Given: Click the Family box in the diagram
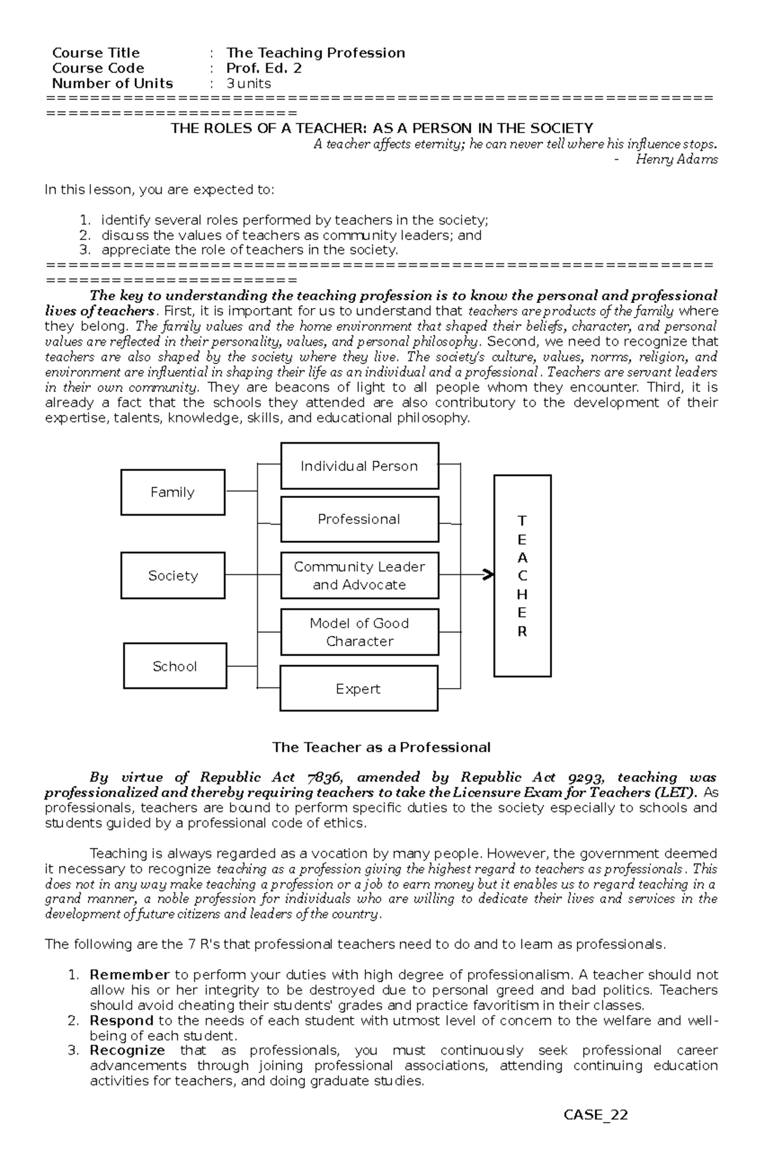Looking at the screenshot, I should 173,492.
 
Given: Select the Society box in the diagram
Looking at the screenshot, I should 173,575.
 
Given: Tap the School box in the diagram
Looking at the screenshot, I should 175,666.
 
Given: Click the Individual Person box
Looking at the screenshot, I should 359,466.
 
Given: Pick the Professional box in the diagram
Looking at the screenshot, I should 359,519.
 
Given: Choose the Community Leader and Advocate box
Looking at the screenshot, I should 359,575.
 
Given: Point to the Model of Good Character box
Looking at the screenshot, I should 359,632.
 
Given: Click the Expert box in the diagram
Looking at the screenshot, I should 358,688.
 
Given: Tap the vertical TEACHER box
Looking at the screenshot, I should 522,575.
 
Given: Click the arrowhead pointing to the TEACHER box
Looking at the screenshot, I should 489,575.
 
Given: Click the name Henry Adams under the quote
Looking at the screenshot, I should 676,159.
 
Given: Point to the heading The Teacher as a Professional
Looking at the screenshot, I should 381,747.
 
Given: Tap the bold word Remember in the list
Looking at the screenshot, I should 129,975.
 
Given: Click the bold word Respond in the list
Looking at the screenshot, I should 122,1020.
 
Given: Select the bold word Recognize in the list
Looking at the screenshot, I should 127,1050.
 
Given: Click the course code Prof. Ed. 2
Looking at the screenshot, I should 264,68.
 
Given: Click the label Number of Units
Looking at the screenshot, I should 112,83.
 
